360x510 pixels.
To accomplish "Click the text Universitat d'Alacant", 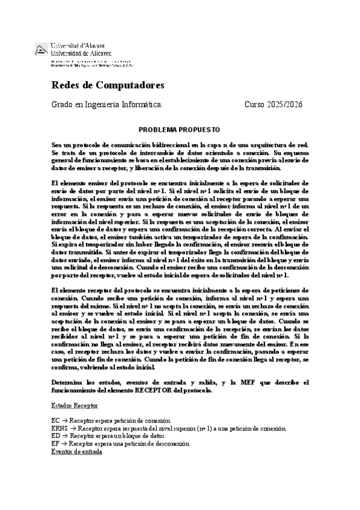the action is (x=78, y=46).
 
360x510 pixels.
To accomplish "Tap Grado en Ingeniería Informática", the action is (x=107, y=105).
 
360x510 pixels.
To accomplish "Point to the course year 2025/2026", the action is (x=286, y=105).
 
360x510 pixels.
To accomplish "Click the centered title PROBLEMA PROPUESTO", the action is (x=179, y=129).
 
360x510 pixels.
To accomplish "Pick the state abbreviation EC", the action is (x=56, y=420).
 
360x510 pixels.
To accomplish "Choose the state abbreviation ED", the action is (x=56, y=435).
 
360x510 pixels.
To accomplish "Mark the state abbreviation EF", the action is (x=56, y=443).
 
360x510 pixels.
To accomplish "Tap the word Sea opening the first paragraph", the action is (x=57, y=145).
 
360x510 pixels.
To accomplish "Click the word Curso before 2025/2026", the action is (x=255, y=105).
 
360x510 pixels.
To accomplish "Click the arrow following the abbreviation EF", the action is (x=64, y=443).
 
